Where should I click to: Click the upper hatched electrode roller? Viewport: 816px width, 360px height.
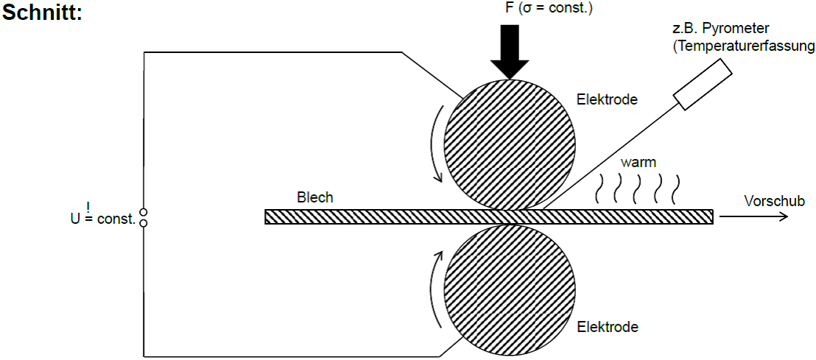(x=510, y=145)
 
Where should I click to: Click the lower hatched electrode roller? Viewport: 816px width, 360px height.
(x=510, y=290)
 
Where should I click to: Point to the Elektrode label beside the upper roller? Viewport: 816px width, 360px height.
(x=608, y=99)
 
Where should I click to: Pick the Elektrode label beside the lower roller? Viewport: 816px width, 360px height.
(x=608, y=327)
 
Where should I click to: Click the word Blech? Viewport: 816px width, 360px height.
(x=314, y=198)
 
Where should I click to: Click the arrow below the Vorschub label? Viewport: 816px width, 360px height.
(x=753, y=217)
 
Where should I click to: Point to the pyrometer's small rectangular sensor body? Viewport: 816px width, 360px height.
(x=702, y=84)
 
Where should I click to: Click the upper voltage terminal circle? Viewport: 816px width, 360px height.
(x=144, y=212)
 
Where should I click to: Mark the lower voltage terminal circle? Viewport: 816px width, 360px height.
(x=144, y=222)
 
